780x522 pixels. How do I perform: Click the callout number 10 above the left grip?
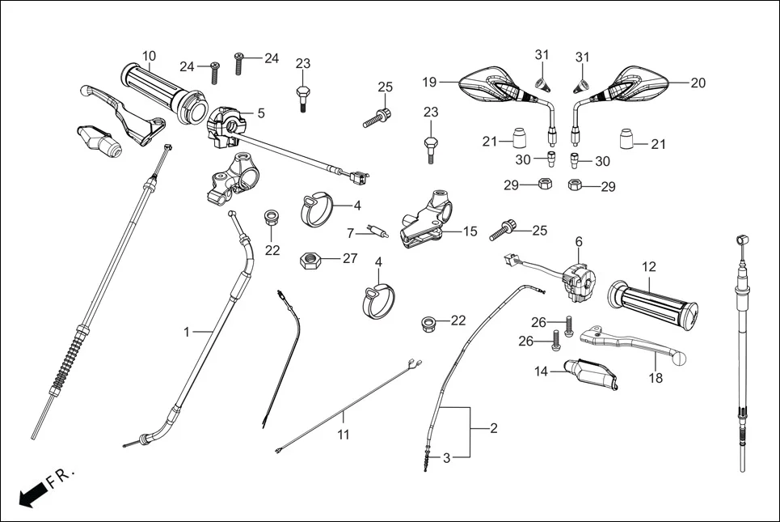coord(149,56)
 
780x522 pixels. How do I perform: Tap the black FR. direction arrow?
coord(32,493)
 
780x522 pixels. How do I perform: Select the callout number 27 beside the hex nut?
coord(349,259)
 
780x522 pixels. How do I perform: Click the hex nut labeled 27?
coord(311,261)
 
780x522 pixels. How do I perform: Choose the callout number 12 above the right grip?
coord(649,266)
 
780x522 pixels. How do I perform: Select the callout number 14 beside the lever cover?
coord(541,371)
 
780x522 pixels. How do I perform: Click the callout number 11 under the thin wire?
coord(344,435)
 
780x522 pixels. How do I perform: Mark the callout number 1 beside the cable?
coord(187,332)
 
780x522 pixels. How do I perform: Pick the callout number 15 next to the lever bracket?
coord(470,231)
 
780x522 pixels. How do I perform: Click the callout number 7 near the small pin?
coord(351,233)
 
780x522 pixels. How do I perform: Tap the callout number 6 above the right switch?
coord(579,241)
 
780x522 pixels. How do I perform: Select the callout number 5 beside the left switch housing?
coord(261,113)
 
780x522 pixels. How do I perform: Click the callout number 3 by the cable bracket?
coord(445,457)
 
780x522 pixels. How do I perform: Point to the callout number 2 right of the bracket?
coord(494,429)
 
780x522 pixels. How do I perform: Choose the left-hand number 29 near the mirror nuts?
coord(511,185)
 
